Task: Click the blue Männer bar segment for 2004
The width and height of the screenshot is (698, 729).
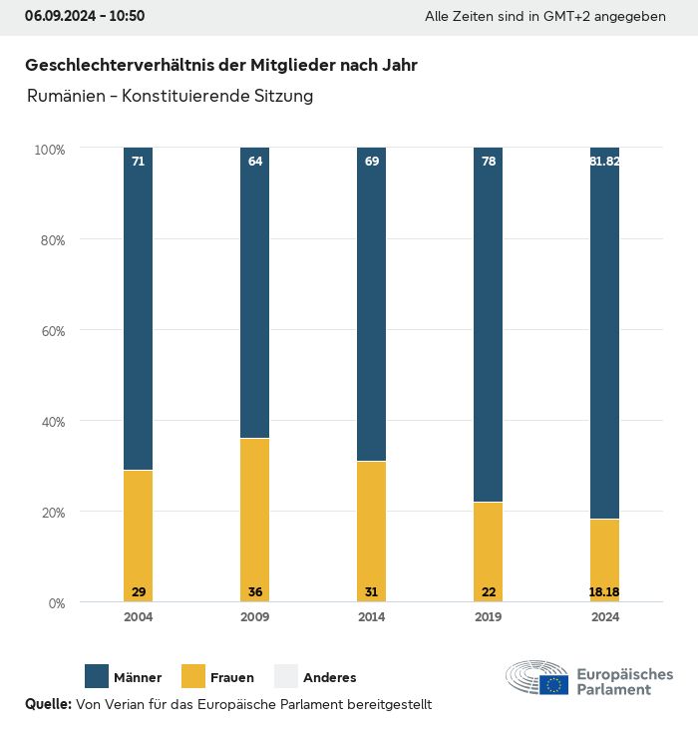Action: pyautogui.click(x=138, y=309)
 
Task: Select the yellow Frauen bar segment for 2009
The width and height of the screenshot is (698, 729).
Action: pyautogui.click(x=255, y=519)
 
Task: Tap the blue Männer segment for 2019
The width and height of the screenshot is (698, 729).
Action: pyautogui.click(x=489, y=324)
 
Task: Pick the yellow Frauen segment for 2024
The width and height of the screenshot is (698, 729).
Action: pyautogui.click(x=604, y=558)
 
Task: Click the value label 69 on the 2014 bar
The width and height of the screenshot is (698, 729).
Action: pyautogui.click(x=372, y=161)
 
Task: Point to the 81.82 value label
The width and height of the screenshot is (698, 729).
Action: pyautogui.click(x=604, y=161)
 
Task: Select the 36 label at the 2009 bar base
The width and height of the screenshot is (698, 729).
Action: pyautogui.click(x=255, y=592)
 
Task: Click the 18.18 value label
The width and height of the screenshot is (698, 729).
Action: pyautogui.click(x=604, y=592)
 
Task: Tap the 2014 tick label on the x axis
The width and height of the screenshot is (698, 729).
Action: pyautogui.click(x=372, y=617)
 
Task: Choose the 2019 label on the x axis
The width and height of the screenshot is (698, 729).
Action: pyautogui.click(x=489, y=617)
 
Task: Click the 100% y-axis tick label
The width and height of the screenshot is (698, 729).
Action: pyautogui.click(x=49, y=150)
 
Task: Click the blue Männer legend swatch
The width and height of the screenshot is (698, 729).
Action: pyautogui.click(x=97, y=677)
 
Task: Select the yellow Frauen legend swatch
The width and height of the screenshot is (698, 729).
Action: pyautogui.click(x=193, y=677)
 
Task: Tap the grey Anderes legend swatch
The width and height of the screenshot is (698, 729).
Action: pyautogui.click(x=286, y=677)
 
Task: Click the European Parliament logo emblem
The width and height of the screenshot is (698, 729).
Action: pyautogui.click(x=537, y=678)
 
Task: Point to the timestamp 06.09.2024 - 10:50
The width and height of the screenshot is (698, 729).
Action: pyautogui.click(x=85, y=16)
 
